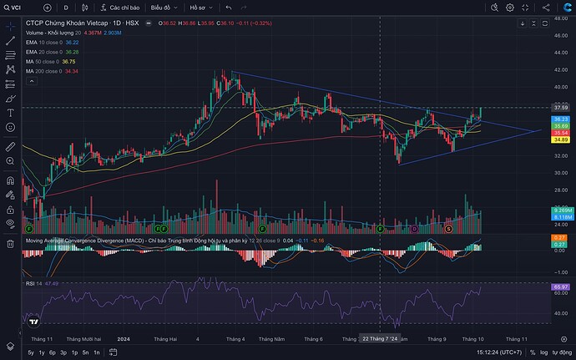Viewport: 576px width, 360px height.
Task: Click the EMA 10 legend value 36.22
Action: pyautogui.click(x=72, y=42)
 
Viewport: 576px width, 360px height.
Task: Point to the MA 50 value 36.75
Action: pyautogui.click(x=69, y=61)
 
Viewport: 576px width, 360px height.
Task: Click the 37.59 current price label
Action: pyautogui.click(x=560, y=108)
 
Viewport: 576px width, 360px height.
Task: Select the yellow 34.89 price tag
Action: pyautogui.click(x=560, y=139)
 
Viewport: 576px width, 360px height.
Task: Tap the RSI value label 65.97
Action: pyautogui.click(x=560, y=287)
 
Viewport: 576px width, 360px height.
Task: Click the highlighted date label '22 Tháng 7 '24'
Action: pyautogui.click(x=381, y=337)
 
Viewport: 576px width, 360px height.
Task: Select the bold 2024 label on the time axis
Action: pyautogui.click(x=124, y=338)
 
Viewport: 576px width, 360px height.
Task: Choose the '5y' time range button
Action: pyautogui.click(x=31, y=352)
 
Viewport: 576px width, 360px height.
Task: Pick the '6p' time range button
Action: pyautogui.click(x=53, y=352)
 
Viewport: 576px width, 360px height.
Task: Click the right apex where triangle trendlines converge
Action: pyautogui.click(x=540, y=130)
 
